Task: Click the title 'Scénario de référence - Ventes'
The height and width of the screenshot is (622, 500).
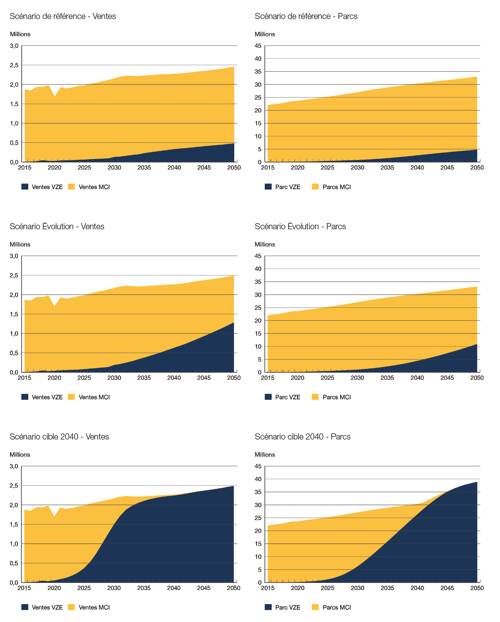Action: [63, 16]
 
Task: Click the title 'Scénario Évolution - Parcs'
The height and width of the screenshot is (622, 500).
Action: [300, 226]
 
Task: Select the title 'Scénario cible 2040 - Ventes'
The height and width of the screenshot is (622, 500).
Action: [59, 437]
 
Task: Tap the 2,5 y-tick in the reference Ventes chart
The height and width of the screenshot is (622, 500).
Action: [14, 65]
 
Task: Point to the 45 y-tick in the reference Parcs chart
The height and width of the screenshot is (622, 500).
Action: [258, 46]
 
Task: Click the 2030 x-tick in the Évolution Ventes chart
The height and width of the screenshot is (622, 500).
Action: [114, 378]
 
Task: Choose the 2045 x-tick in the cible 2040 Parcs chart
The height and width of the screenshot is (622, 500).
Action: [447, 588]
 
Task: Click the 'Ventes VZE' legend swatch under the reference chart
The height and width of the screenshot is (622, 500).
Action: [25, 187]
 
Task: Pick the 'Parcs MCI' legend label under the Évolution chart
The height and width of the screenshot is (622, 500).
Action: [337, 397]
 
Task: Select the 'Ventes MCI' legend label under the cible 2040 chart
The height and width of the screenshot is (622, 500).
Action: [94, 607]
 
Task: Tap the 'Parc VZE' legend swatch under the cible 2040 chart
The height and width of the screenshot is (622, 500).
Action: [268, 607]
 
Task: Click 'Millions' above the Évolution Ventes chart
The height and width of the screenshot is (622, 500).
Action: [20, 244]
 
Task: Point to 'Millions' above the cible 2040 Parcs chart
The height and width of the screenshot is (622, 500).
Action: [265, 455]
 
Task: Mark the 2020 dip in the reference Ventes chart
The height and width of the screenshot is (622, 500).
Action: [55, 96]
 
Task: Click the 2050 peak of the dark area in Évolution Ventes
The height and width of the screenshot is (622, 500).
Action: [233, 323]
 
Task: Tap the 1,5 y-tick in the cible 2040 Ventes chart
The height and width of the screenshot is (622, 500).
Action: [14, 524]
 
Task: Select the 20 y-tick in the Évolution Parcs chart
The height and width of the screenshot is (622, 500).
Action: [258, 321]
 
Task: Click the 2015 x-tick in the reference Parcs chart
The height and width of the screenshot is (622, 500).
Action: [268, 168]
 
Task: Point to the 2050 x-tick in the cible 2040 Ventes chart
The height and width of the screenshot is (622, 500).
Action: [233, 588]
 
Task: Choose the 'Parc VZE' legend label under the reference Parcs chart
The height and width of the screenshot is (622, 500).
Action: [288, 187]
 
